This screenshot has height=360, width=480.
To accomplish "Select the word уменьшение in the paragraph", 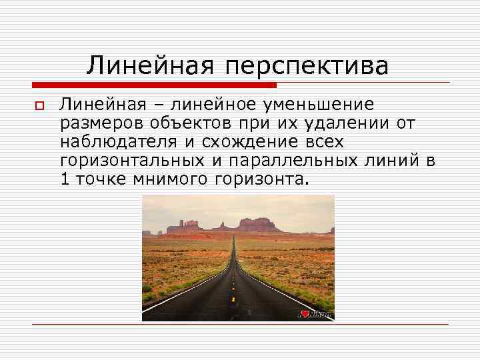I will [326, 105].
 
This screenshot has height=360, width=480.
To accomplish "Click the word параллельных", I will [291, 161].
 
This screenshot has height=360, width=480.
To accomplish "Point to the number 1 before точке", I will [65, 179].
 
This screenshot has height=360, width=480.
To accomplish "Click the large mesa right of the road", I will [260, 224].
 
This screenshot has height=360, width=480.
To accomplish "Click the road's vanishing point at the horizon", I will [234, 233].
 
